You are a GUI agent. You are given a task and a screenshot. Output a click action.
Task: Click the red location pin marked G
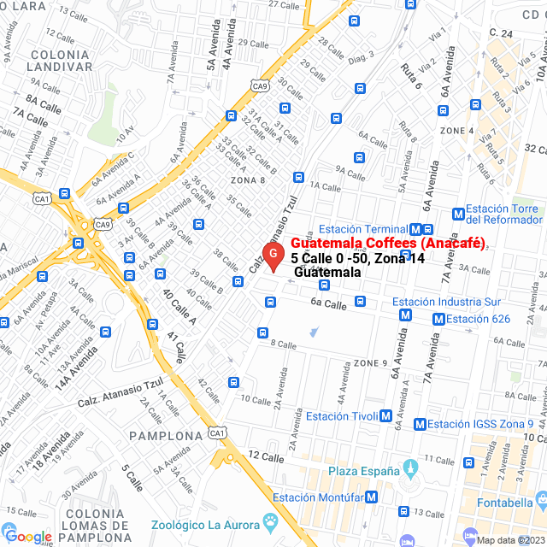(x=273, y=255)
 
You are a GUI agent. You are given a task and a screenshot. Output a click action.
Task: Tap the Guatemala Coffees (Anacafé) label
(x=382, y=244)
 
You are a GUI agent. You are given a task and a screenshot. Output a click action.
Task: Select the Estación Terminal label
(x=362, y=229)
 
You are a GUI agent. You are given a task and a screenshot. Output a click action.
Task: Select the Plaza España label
(x=363, y=471)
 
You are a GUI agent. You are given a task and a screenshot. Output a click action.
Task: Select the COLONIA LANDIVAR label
(x=60, y=60)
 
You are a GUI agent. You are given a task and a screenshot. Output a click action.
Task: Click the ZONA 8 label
(x=247, y=180)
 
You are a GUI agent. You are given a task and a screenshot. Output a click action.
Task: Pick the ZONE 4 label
(x=456, y=130)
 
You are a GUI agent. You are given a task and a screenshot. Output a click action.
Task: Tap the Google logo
(x=28, y=537)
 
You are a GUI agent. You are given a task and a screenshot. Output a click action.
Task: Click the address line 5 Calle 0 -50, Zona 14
(x=357, y=258)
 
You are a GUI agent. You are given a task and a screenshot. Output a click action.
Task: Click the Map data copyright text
(x=509, y=540)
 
